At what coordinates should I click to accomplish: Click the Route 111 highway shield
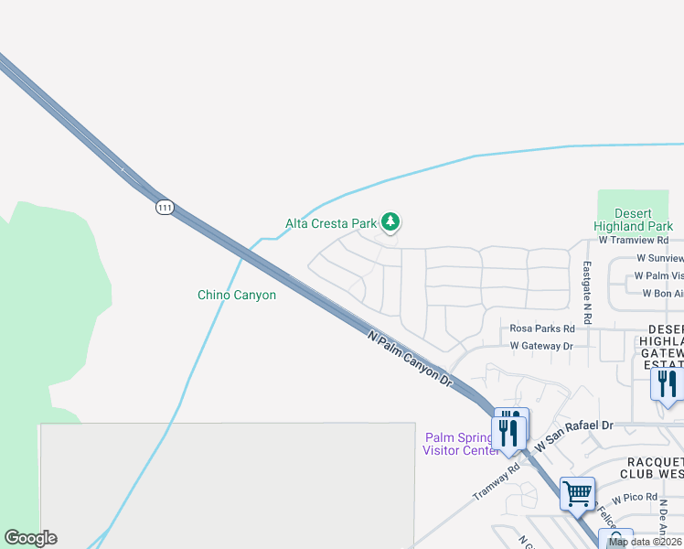coord(164,208)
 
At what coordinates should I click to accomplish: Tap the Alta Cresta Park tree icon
coord(390,221)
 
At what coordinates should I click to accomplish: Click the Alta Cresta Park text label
coord(330,223)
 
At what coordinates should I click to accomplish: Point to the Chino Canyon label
coord(237,295)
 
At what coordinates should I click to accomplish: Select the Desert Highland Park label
coord(633,220)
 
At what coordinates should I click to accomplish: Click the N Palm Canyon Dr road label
coord(411,358)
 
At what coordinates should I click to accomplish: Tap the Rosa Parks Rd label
coord(542,328)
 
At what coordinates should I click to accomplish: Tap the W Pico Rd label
coord(636,498)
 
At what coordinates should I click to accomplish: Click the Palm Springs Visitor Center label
coord(459,443)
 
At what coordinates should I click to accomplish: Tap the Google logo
coord(30,538)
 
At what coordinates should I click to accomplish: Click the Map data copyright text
coord(646,542)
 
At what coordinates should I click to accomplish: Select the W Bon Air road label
coord(662,294)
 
